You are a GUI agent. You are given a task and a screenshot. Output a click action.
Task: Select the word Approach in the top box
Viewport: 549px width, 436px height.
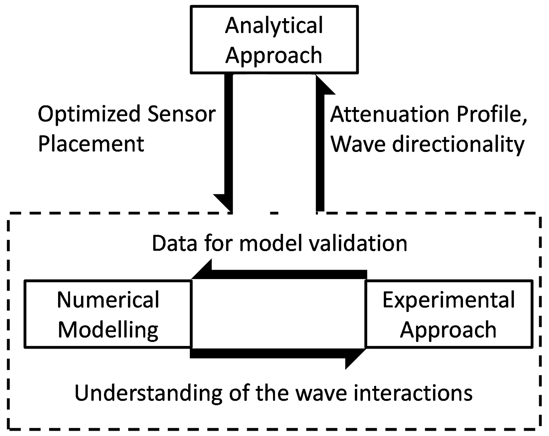point(274,56)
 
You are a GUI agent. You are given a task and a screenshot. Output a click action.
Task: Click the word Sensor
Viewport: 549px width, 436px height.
point(182,114)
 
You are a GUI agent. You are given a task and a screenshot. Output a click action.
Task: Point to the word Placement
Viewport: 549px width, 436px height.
point(91,144)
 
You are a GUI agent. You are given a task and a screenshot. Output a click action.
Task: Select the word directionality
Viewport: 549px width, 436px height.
point(458,145)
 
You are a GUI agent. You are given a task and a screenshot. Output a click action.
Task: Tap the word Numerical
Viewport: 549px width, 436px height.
point(108,300)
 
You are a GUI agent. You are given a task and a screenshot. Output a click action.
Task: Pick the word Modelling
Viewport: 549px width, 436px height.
point(108,330)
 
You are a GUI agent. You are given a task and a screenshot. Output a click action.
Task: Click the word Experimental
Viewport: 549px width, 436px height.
point(449,300)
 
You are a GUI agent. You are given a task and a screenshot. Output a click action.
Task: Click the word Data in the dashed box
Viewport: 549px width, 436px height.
point(175,243)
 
